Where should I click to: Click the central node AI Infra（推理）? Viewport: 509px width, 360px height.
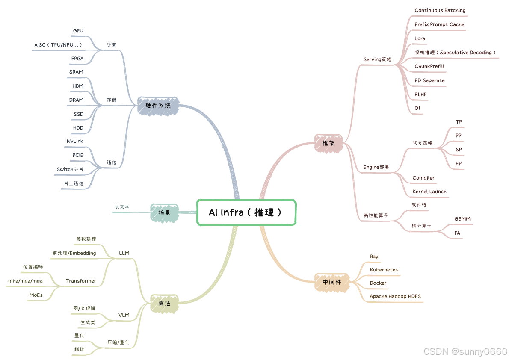[246, 212]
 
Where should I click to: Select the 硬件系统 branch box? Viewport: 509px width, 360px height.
[158, 105]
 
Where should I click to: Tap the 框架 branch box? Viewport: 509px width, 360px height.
[328, 143]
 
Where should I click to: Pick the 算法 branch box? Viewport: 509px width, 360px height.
[164, 304]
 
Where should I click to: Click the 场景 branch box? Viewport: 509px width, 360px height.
[164, 212]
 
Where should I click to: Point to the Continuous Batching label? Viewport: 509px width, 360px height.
[440, 10]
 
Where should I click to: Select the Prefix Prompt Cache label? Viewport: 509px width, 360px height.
[439, 24]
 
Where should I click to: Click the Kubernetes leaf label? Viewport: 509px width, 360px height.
[384, 270]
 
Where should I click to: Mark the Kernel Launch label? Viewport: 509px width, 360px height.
[429, 192]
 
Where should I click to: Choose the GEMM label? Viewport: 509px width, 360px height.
[462, 219]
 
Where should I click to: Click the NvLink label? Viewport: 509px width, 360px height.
[75, 141]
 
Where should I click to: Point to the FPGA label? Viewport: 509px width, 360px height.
[77, 59]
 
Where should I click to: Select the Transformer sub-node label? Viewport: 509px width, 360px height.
[81, 281]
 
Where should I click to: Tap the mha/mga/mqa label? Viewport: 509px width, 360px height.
[25, 281]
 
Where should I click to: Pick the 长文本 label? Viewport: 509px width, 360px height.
[122, 207]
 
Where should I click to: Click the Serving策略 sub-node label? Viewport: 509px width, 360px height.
[377, 59]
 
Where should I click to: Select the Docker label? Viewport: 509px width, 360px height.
[378, 283]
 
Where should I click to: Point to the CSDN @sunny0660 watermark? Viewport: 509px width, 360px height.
[465, 351]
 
